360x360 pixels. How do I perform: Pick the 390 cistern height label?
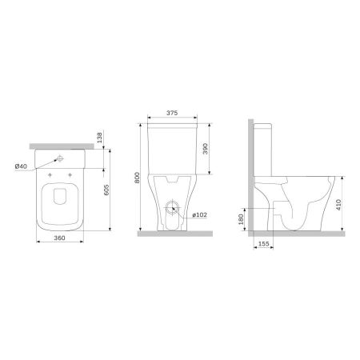click(x=206, y=150)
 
